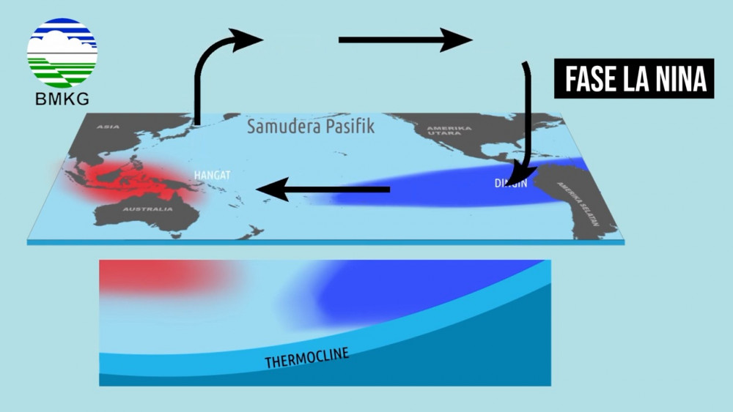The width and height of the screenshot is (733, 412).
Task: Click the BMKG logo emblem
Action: point(62,53)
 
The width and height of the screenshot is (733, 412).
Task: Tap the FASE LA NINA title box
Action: point(634,79)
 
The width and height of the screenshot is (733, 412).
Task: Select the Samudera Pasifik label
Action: point(310,126)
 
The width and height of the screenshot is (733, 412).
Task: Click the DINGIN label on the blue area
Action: point(511,183)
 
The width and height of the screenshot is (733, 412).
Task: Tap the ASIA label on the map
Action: point(107,128)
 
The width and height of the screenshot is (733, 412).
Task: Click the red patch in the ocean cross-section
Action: point(161,278)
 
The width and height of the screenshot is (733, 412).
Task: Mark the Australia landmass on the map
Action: point(147,216)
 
